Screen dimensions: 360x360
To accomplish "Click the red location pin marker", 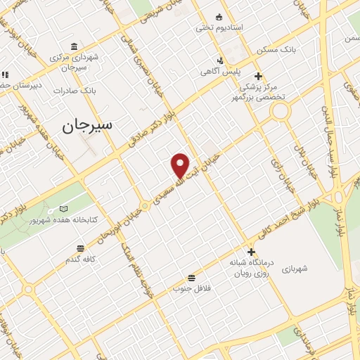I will click(181, 165).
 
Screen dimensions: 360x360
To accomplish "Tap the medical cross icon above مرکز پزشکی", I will click(258, 76).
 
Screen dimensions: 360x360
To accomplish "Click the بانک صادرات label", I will click(78, 91).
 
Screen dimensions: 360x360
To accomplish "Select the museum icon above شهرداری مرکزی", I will click(74, 44).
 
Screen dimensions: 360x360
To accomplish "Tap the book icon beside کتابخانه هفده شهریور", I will click(64, 209).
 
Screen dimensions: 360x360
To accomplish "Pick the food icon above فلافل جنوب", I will click(191, 277).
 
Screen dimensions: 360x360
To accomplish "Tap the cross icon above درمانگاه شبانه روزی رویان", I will click(251, 252).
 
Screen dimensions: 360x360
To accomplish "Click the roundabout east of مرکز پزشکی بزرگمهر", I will click(281, 111).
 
